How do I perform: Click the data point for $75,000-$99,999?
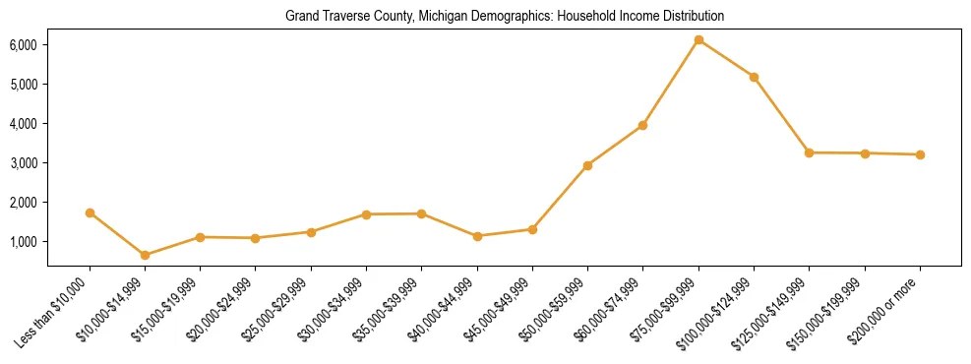pos(698,40)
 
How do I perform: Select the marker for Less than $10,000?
pos(90,212)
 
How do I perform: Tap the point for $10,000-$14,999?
pos(145,255)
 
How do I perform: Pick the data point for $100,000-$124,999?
pos(754,77)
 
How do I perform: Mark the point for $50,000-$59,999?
pos(587,165)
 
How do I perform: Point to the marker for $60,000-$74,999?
pos(643,125)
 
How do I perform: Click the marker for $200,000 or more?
pos(920,154)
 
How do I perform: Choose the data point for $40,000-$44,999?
pos(477,236)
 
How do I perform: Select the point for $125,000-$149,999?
pos(809,152)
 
